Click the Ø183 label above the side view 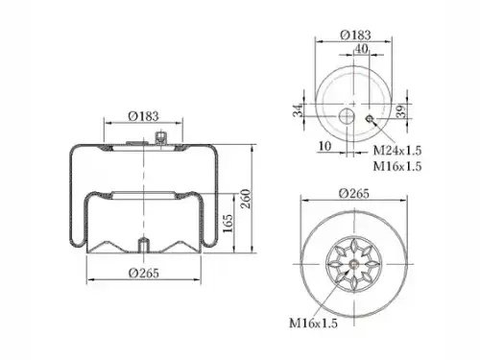tap(143, 116)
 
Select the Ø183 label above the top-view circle tap(355, 35)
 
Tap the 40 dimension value tap(361, 48)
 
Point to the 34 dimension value tap(298, 110)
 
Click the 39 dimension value tap(400, 111)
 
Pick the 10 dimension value tap(324, 146)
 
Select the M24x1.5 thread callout tap(397, 150)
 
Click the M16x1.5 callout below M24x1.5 tap(397, 166)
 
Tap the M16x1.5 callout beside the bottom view tap(313, 323)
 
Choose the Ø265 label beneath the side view tap(144, 273)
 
